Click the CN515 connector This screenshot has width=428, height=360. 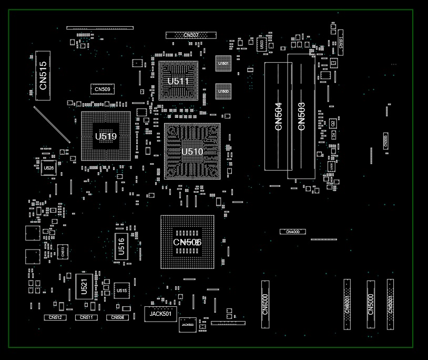point(43,75)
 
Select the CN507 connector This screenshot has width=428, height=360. point(191,35)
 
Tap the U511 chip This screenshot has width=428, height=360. point(178,81)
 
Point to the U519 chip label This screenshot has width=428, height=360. point(106,137)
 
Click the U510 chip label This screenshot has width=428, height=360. point(192,152)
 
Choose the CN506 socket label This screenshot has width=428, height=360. point(187,242)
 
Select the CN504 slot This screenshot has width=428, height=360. point(278,116)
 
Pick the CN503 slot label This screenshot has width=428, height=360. point(301,116)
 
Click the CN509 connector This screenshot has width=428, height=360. point(103,89)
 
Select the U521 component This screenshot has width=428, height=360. point(84,287)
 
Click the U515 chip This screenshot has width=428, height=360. point(121,291)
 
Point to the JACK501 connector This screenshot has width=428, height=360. point(160,314)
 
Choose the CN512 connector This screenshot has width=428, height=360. point(55,318)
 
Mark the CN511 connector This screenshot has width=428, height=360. point(86,318)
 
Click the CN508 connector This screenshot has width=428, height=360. point(117,318)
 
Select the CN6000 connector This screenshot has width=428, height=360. point(265,304)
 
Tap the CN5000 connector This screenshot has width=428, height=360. point(371,304)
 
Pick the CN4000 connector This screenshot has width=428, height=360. point(292,232)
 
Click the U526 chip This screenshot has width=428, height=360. point(48,168)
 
